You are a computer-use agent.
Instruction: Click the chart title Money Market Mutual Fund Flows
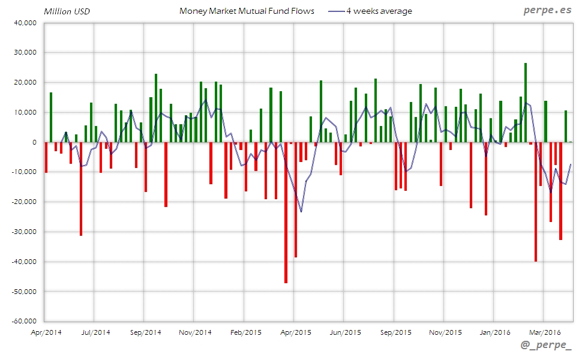point(247,11)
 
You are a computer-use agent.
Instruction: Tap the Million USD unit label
point(67,11)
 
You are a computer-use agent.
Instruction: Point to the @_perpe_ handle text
point(547,346)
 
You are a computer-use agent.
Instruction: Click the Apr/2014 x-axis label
point(46,331)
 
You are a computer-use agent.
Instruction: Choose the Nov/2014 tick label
point(196,331)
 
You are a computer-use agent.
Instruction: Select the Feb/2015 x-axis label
point(245,331)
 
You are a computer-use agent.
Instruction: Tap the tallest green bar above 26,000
point(526,103)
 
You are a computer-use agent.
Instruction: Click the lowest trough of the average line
point(301,212)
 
